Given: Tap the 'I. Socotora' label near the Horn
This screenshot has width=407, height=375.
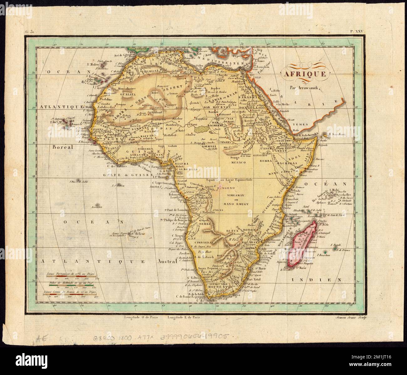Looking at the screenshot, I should point(335,135).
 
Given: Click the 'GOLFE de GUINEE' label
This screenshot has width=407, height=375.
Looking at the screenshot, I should point(127,175).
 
